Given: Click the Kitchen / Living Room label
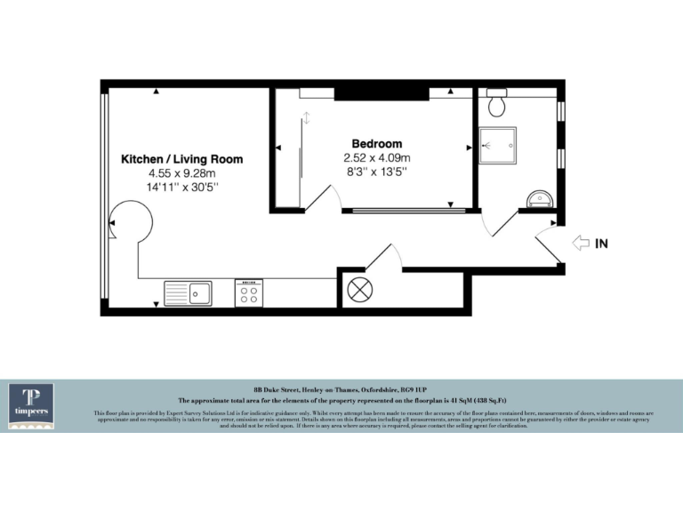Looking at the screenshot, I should [181, 160].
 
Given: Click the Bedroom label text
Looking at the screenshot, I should [376, 143].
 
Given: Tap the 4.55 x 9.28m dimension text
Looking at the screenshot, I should [181, 174].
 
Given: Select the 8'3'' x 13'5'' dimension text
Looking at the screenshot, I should [376, 171].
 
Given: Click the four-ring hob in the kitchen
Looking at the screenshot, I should [249, 293].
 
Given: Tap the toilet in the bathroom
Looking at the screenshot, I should [497, 104].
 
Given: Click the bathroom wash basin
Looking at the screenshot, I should [539, 197].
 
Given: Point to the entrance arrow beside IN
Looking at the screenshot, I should [581, 242].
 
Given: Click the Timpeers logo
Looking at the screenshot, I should [31, 405].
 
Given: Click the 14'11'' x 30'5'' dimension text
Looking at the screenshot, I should [181, 188].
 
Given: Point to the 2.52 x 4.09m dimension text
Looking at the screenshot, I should [376, 157].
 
